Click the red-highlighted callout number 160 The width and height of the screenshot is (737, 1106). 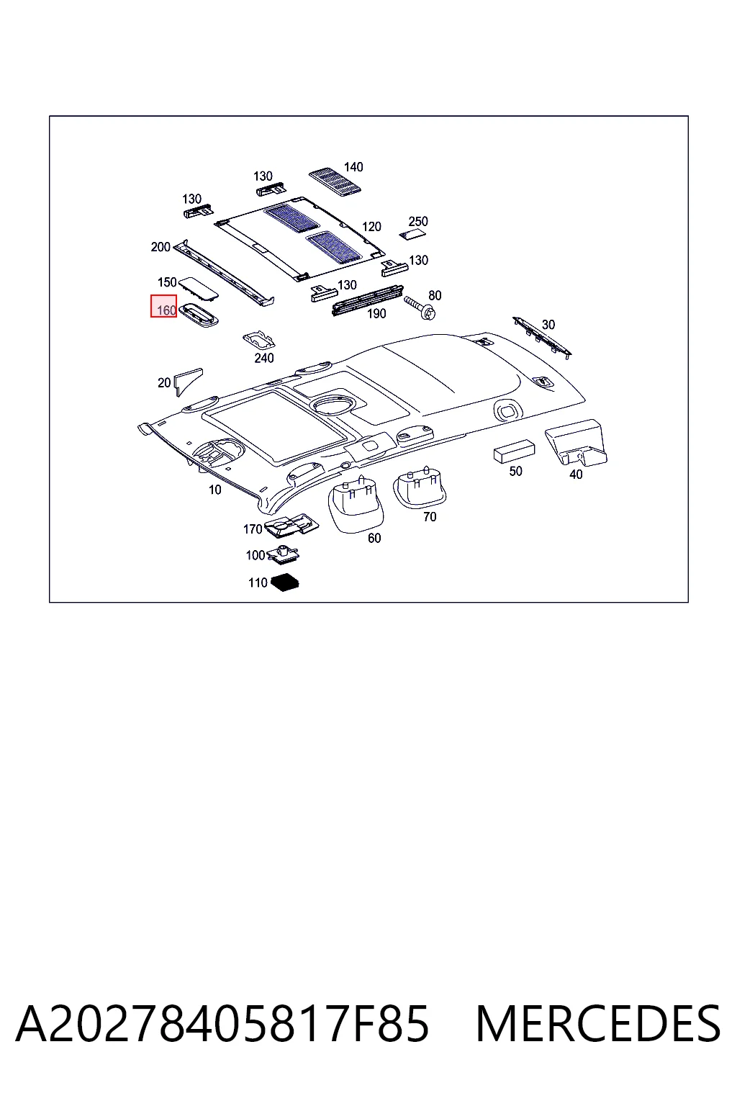(166, 310)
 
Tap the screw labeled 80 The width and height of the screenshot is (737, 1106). (420, 307)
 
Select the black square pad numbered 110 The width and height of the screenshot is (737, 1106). (285, 583)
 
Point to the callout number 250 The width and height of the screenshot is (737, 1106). (418, 221)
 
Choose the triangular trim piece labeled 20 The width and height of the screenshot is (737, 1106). (187, 381)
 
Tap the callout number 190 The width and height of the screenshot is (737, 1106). (376, 313)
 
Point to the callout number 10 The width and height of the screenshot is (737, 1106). (214, 490)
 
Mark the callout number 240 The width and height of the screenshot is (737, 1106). (264, 358)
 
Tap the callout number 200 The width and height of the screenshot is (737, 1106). (160, 247)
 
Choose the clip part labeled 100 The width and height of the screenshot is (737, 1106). (284, 554)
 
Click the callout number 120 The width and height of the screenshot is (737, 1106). (371, 227)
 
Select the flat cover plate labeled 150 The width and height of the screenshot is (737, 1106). (199, 288)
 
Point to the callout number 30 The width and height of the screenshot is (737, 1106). (548, 325)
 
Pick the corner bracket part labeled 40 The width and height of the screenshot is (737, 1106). (576, 442)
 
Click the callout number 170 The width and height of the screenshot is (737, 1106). (252, 529)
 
